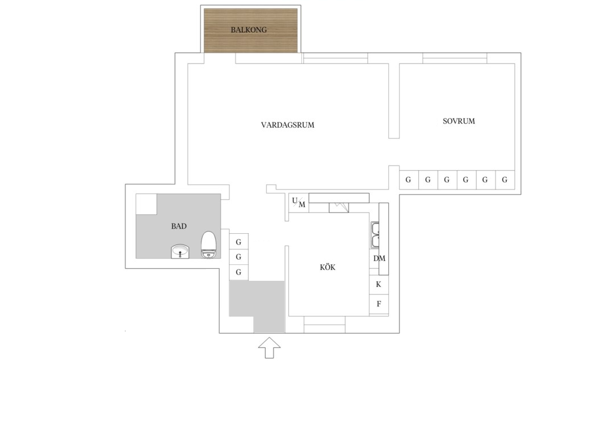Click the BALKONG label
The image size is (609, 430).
point(249,29)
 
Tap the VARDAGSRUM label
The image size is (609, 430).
point(287,125)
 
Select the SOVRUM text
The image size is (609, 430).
point(459,121)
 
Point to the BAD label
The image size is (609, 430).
point(179,226)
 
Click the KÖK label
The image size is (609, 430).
point(327,267)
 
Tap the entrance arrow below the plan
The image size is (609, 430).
point(270,348)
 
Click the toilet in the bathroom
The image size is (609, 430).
point(208,244)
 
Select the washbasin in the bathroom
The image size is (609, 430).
point(180,251)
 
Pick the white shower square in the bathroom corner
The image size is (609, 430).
point(146,204)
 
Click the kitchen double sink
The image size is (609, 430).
point(375,235)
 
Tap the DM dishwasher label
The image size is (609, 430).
point(379,258)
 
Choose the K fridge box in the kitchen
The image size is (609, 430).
point(379,284)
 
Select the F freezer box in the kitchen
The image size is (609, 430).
point(379,304)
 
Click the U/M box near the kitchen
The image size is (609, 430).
point(299,203)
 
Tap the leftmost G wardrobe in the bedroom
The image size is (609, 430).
point(409,180)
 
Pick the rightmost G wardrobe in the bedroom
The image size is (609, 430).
point(505,180)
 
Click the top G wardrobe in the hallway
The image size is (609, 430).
point(238,242)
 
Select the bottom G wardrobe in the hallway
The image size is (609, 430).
point(238,272)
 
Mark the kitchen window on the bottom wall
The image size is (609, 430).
point(324,324)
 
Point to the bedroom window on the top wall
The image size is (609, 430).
point(455,58)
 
